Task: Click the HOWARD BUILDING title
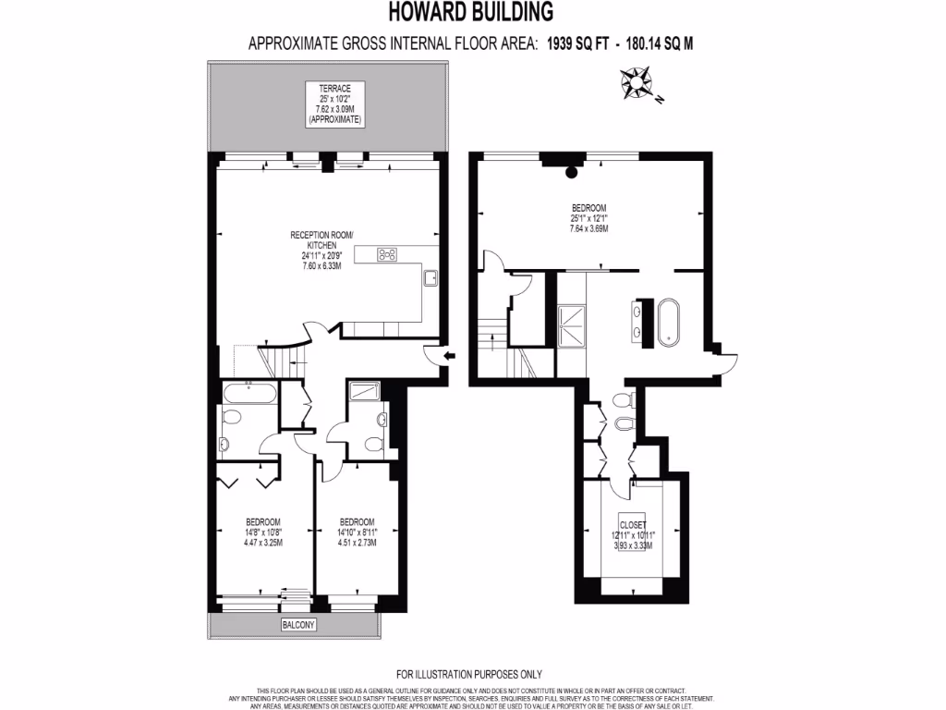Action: (x=472, y=12)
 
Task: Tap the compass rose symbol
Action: (x=637, y=83)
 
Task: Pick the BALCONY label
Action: (x=297, y=625)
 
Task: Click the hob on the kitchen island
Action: (x=388, y=256)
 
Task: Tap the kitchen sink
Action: (x=431, y=277)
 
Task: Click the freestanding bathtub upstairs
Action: (x=669, y=321)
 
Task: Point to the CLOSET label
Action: (x=633, y=524)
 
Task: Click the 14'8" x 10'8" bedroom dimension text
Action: (x=263, y=532)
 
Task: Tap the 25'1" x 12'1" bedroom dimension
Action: (x=588, y=217)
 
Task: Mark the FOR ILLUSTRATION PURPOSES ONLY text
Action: (x=468, y=674)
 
